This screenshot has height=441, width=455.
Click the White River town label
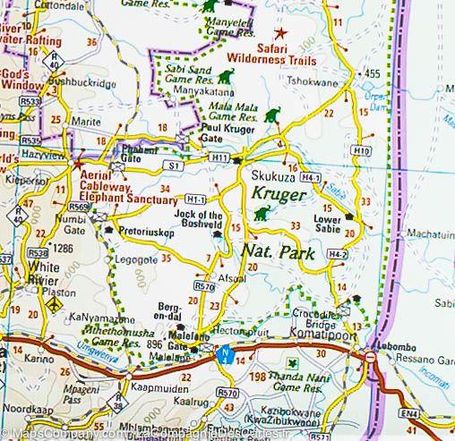point(44,273)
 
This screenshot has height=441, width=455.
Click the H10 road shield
point(362,151)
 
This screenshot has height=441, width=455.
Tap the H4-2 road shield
point(337,255)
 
